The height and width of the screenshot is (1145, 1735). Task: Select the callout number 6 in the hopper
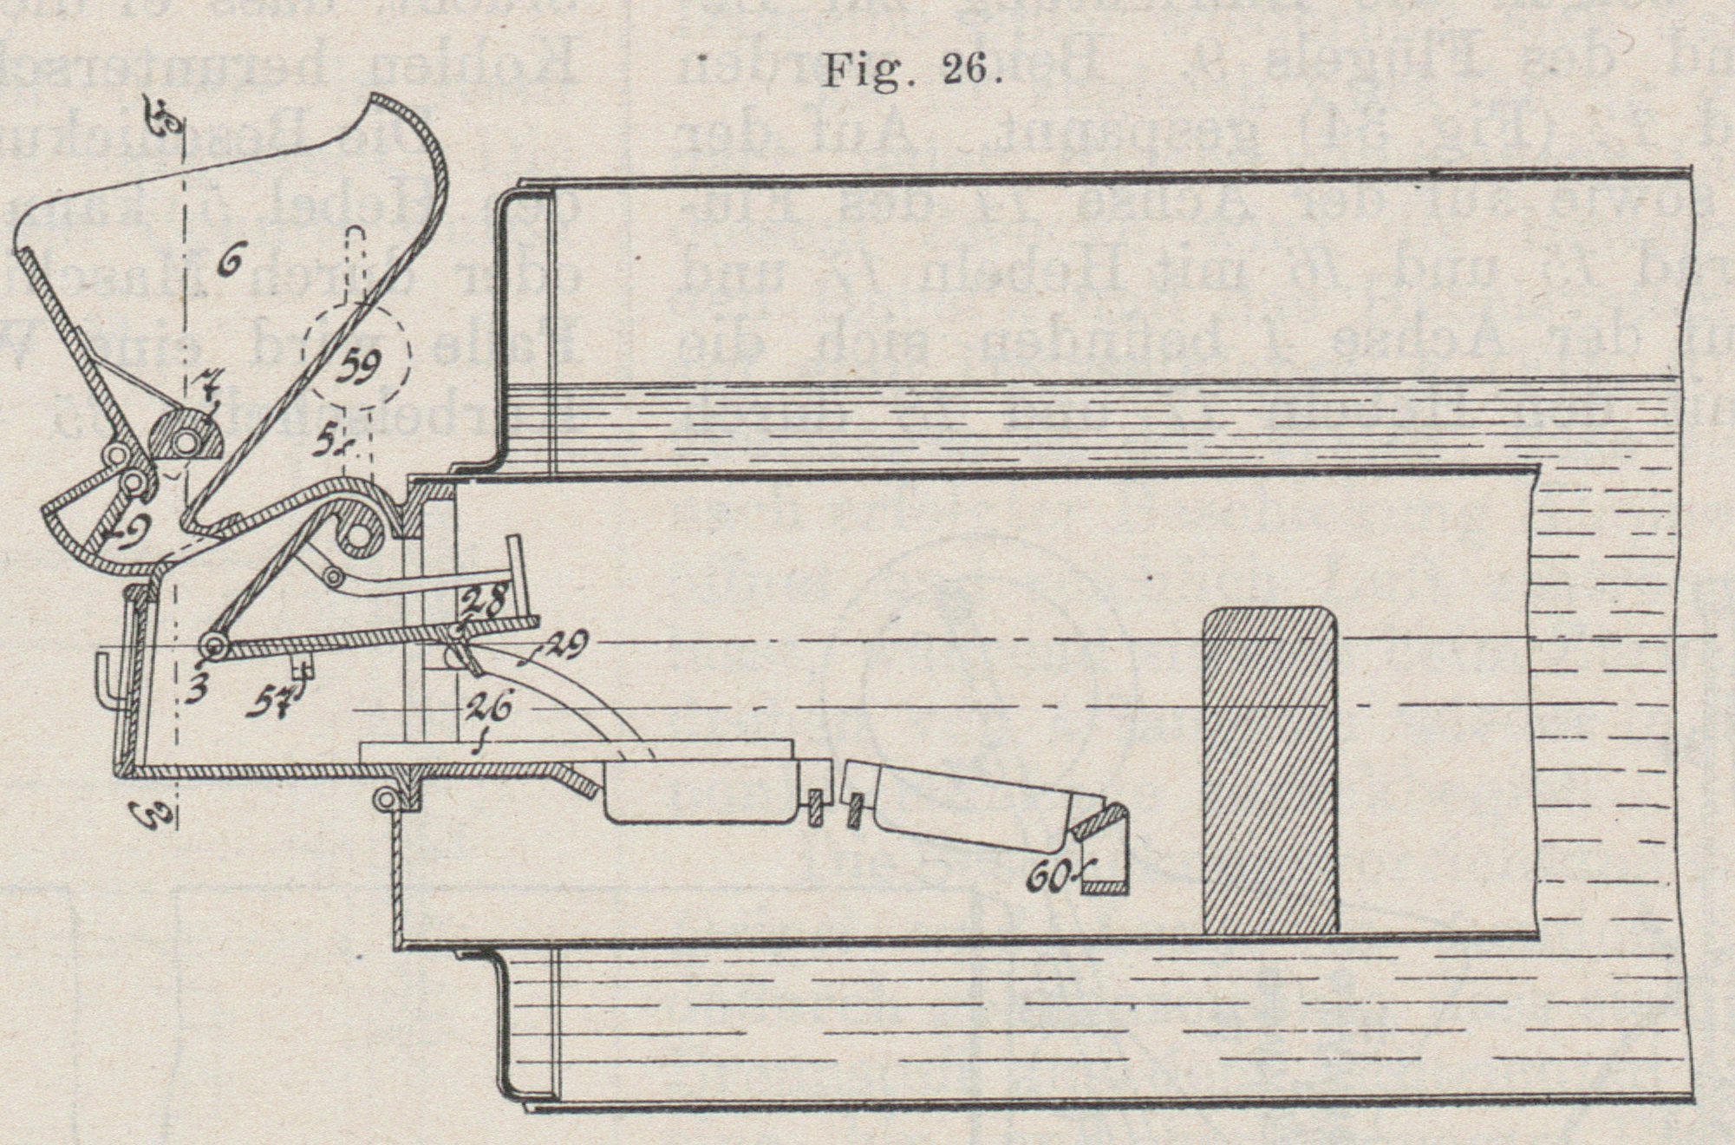tap(229, 265)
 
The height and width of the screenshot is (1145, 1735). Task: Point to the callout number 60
tap(1047, 880)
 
